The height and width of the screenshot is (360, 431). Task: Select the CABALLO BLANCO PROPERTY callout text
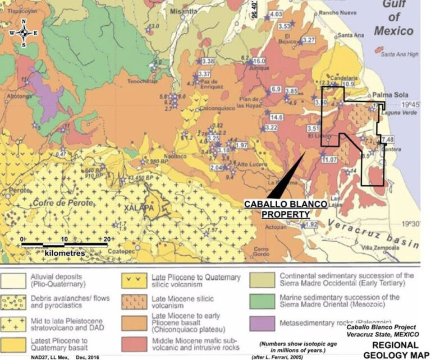click(x=285, y=209)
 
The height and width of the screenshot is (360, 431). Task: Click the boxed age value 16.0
click(x=259, y=61)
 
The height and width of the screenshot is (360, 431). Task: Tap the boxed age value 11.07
click(x=328, y=160)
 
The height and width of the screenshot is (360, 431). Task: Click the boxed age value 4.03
click(x=276, y=14)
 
